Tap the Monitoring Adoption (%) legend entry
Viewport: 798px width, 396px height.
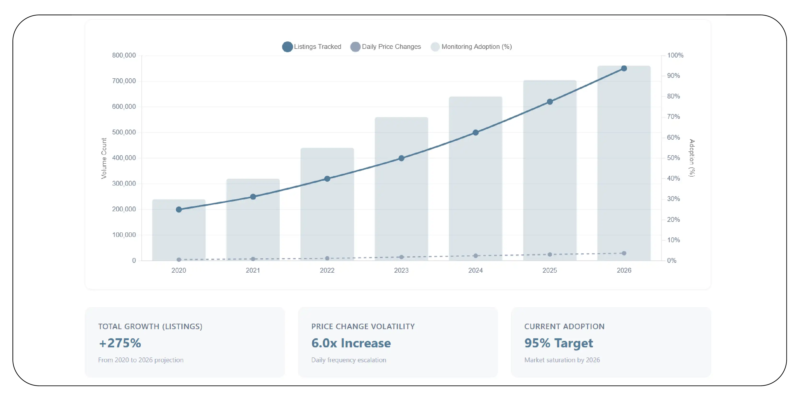point(471,47)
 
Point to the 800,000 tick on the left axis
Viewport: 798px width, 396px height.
point(124,55)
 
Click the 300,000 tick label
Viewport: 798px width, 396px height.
point(124,184)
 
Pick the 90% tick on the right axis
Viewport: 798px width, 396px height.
point(673,76)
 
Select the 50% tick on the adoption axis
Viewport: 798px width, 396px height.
point(673,158)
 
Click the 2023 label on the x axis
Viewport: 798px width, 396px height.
point(401,270)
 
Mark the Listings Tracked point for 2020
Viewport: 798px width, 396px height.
point(179,210)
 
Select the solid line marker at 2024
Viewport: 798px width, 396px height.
point(475,132)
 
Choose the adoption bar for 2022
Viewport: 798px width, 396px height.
point(327,217)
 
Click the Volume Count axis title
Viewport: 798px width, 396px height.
point(104,158)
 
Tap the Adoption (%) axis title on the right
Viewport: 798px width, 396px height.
point(692,158)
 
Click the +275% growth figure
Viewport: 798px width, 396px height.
point(120,343)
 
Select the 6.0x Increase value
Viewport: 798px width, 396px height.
point(351,343)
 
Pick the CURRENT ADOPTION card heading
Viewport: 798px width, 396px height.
point(564,326)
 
